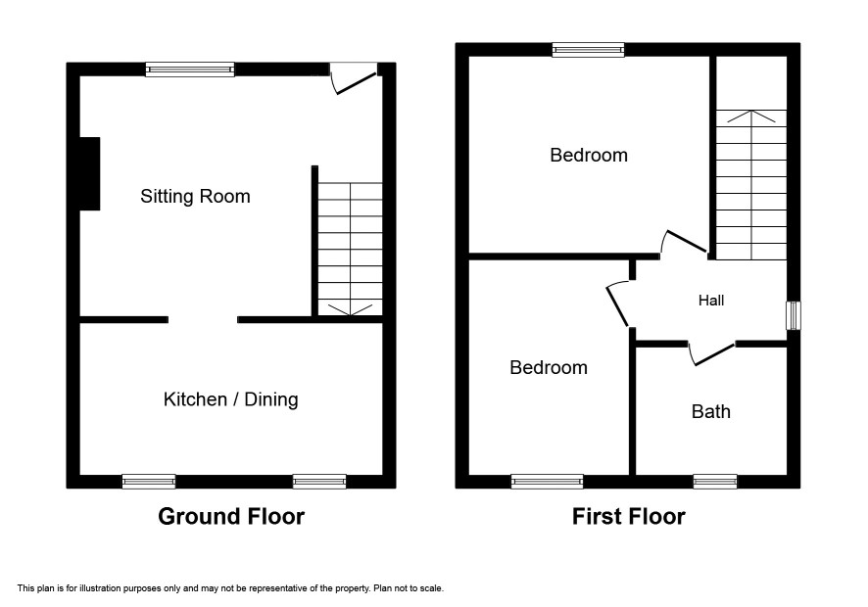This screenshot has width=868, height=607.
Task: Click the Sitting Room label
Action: pyautogui.click(x=195, y=197)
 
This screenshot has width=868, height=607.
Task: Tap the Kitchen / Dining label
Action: pyautogui.click(x=231, y=399)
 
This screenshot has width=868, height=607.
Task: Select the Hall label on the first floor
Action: pyautogui.click(x=711, y=301)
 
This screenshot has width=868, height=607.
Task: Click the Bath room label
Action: pyautogui.click(x=711, y=411)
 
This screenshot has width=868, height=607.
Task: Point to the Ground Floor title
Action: pyautogui.click(x=231, y=516)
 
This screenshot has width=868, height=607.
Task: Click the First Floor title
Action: pyautogui.click(x=628, y=516)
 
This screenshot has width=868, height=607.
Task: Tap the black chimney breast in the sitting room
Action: pyautogui.click(x=90, y=173)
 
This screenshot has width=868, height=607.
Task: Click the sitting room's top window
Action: pyautogui.click(x=190, y=70)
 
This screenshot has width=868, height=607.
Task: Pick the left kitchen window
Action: pyautogui.click(x=149, y=482)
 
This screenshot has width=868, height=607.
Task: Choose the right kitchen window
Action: pyautogui.click(x=319, y=482)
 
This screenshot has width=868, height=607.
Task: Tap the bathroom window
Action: pyautogui.click(x=715, y=482)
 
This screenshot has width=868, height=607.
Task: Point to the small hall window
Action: pyautogui.click(x=794, y=315)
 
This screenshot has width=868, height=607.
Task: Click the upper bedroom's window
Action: pyautogui.click(x=589, y=50)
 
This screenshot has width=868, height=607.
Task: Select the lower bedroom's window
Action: pyautogui.click(x=547, y=482)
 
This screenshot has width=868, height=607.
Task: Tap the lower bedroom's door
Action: pyautogui.click(x=618, y=303)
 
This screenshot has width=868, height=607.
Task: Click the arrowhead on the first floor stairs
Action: pyautogui.click(x=751, y=117)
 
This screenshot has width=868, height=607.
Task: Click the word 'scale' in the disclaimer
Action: pyautogui.click(x=432, y=588)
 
